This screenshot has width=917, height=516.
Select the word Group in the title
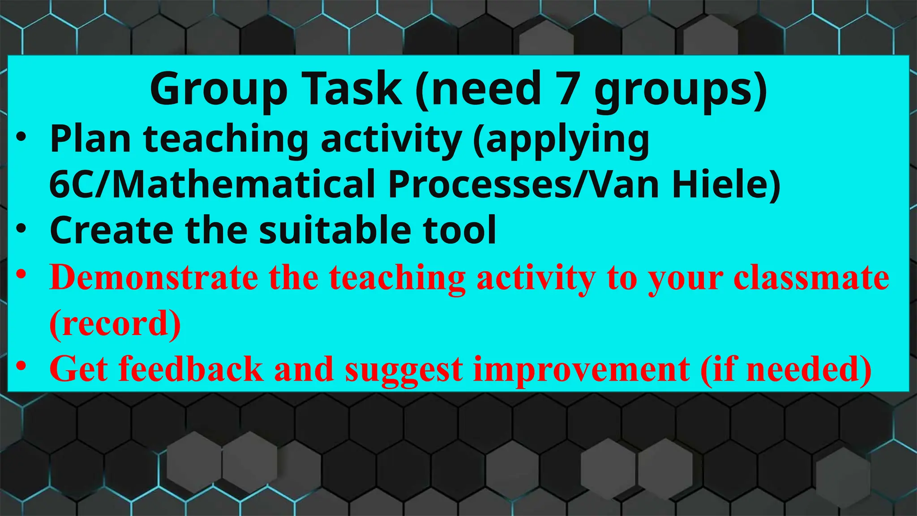coord(219,90)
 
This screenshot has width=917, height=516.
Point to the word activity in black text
coord(391,140)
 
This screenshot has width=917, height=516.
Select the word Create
coord(111,230)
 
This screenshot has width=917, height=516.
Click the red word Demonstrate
coord(154,278)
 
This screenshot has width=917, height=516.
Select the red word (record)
coord(115,323)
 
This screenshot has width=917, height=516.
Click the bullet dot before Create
coord(21,229)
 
